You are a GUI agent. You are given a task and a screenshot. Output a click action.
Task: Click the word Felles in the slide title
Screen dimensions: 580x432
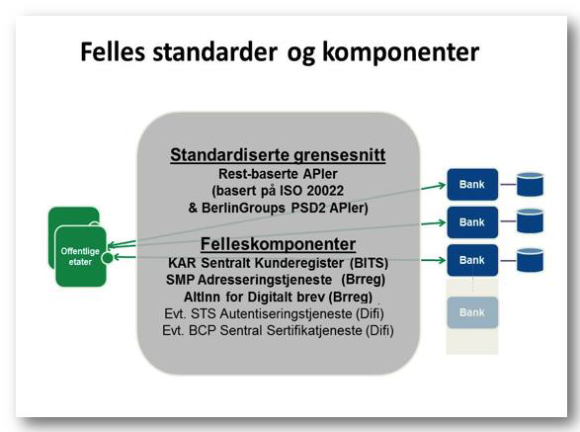113,51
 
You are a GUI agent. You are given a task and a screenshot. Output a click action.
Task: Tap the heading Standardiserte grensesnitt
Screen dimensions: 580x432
278,155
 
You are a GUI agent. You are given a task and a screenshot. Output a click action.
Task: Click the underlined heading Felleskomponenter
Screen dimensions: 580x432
278,244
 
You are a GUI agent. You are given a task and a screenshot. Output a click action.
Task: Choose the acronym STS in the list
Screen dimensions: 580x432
204,314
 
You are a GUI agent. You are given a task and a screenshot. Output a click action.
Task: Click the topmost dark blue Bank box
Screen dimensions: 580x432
472,184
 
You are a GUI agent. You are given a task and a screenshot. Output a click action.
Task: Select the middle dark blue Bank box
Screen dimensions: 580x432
472,222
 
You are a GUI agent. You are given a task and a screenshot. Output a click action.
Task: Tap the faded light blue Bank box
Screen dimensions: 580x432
472,312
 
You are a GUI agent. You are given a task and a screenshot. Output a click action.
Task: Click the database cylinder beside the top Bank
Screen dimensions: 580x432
530,184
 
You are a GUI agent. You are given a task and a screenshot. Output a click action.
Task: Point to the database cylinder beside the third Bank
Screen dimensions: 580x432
530,260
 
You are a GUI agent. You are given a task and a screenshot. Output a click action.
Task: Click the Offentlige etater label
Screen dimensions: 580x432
80,256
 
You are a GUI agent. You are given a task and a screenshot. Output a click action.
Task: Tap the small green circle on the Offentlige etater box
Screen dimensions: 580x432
108,258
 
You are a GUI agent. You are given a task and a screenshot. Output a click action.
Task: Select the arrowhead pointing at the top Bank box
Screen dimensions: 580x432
442,185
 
